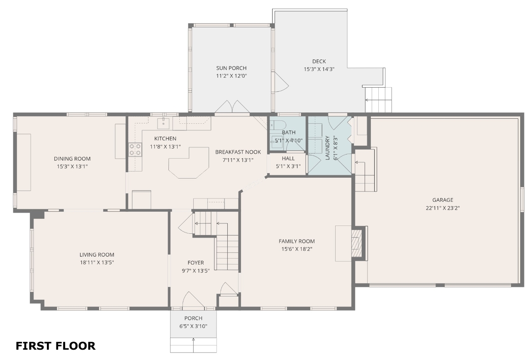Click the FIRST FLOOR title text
(x=56, y=346)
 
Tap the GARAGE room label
(x=443, y=200)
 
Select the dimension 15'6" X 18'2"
(x=297, y=249)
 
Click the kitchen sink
(x=163, y=122)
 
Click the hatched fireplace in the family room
(x=356, y=243)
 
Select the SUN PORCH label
(x=231, y=68)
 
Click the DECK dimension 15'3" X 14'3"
(x=319, y=69)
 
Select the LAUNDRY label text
(x=328, y=148)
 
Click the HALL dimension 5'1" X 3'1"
(x=288, y=166)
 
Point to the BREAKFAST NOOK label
(x=238, y=152)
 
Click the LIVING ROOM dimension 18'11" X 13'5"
(x=97, y=262)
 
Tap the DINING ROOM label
(x=72, y=159)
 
